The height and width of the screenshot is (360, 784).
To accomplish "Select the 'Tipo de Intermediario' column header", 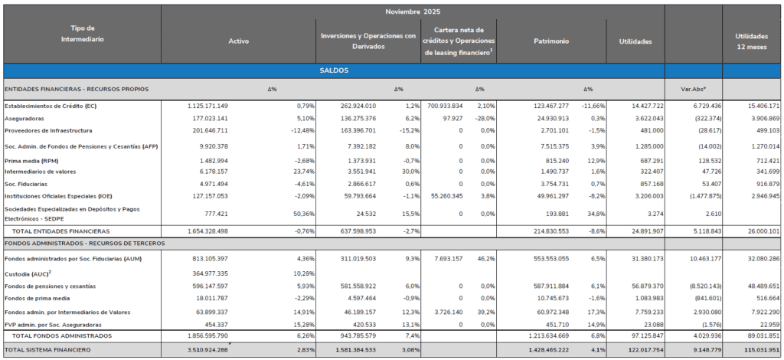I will (x=80, y=33).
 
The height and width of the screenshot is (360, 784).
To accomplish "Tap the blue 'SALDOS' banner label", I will (x=334, y=70).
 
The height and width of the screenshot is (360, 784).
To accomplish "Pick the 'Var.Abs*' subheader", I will (x=693, y=89).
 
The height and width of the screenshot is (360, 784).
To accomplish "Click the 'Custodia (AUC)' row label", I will (x=28, y=273).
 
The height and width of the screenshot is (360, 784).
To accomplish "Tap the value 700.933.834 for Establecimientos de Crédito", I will (x=445, y=105).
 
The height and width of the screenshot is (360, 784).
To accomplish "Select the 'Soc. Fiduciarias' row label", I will (x=27, y=184).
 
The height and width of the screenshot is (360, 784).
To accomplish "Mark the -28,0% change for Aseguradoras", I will (x=485, y=118).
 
